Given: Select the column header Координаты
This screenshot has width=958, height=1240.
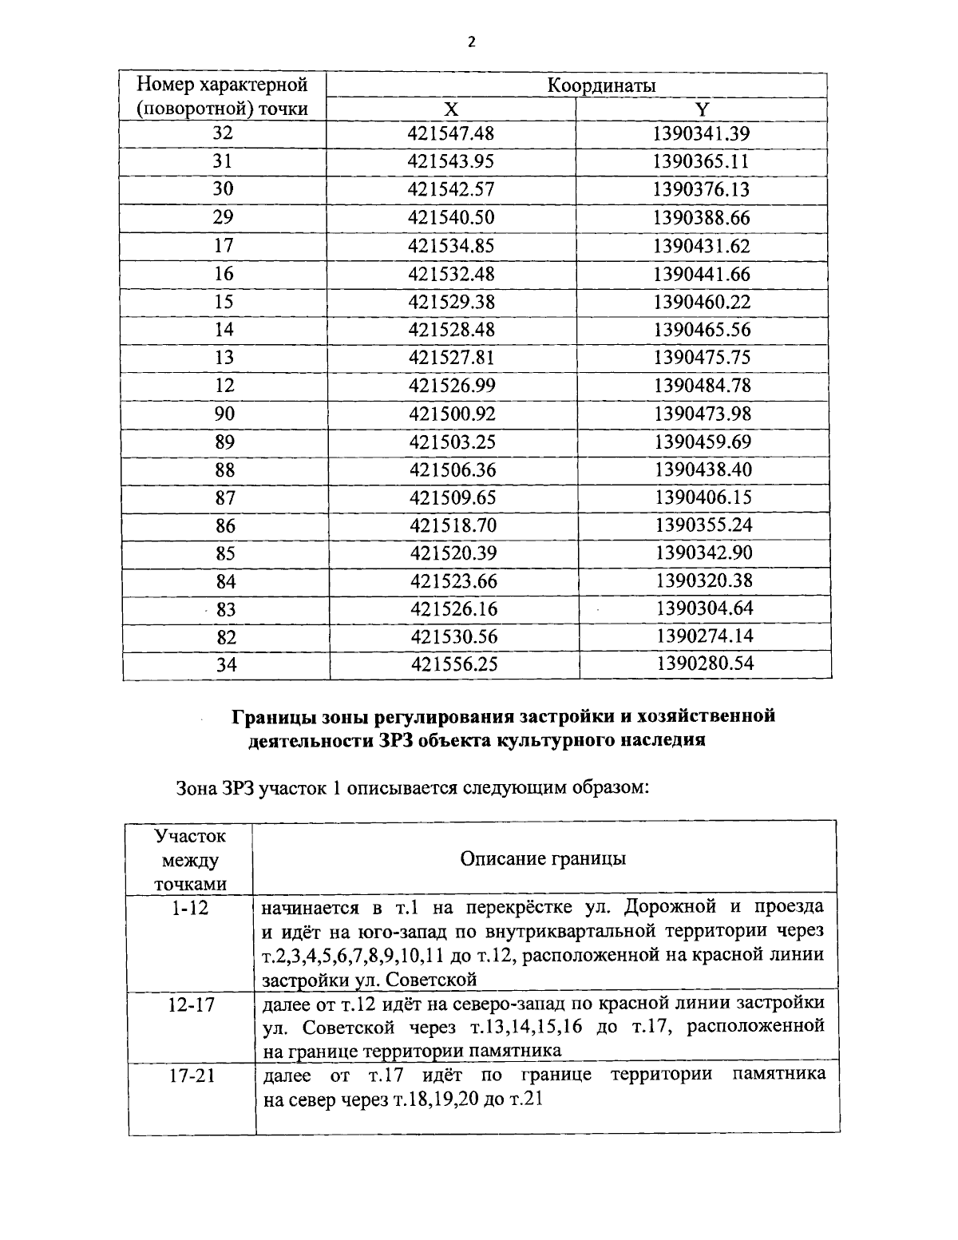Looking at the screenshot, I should coord(602,85).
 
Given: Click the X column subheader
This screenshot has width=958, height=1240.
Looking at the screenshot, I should coord(451,109).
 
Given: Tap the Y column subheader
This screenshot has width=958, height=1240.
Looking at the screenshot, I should coord(703,109).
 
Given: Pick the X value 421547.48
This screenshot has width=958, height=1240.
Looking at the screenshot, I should coord(451,133).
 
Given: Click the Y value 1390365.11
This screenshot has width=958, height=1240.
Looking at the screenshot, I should coord(702,161).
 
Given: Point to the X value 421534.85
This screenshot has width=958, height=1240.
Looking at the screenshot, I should coord(451,246).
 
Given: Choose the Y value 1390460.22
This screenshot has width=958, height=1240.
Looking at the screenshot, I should coord(702,302).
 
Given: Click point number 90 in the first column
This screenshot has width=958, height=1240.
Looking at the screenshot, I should coord(224,414).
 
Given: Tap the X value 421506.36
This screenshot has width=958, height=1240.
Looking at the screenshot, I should coord(453,469).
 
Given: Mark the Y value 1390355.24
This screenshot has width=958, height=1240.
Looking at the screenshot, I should coord(703,525).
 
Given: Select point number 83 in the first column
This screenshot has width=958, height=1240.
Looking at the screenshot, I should coord(226,610).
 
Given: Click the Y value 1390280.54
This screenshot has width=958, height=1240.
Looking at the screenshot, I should coord(705,664).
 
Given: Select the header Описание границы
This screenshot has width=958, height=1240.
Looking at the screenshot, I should coord(543,858).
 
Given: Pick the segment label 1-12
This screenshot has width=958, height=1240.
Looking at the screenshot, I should coord(190,908).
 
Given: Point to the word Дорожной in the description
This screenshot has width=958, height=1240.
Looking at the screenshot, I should coord(671,908).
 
